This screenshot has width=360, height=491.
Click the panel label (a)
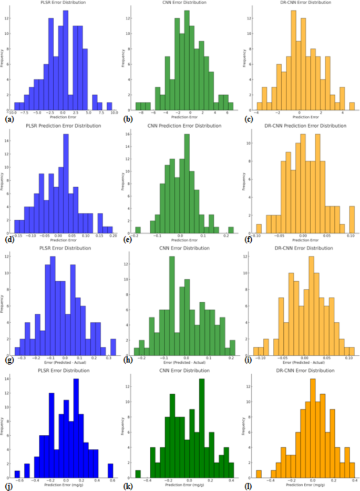tap(7, 120)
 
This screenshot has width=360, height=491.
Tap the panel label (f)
tap(248, 242)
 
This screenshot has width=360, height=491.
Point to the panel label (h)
tap(128, 365)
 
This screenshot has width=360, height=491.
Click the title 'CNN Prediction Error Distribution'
tap(180, 126)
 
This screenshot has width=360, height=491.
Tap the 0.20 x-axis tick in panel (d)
tap(112, 238)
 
